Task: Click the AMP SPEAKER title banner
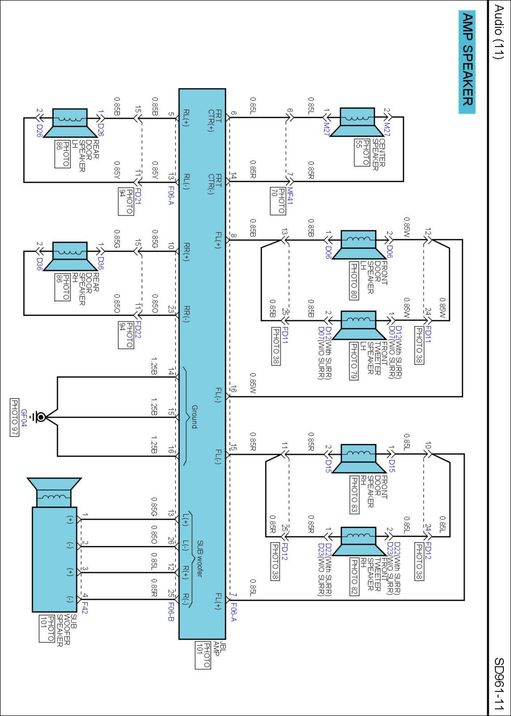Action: [x=467, y=62]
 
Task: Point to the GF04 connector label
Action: [x=24, y=418]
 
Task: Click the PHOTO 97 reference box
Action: [x=14, y=417]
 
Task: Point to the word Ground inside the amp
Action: [x=194, y=417]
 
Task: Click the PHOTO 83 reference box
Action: [x=354, y=494]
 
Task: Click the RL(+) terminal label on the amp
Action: [x=186, y=118]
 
